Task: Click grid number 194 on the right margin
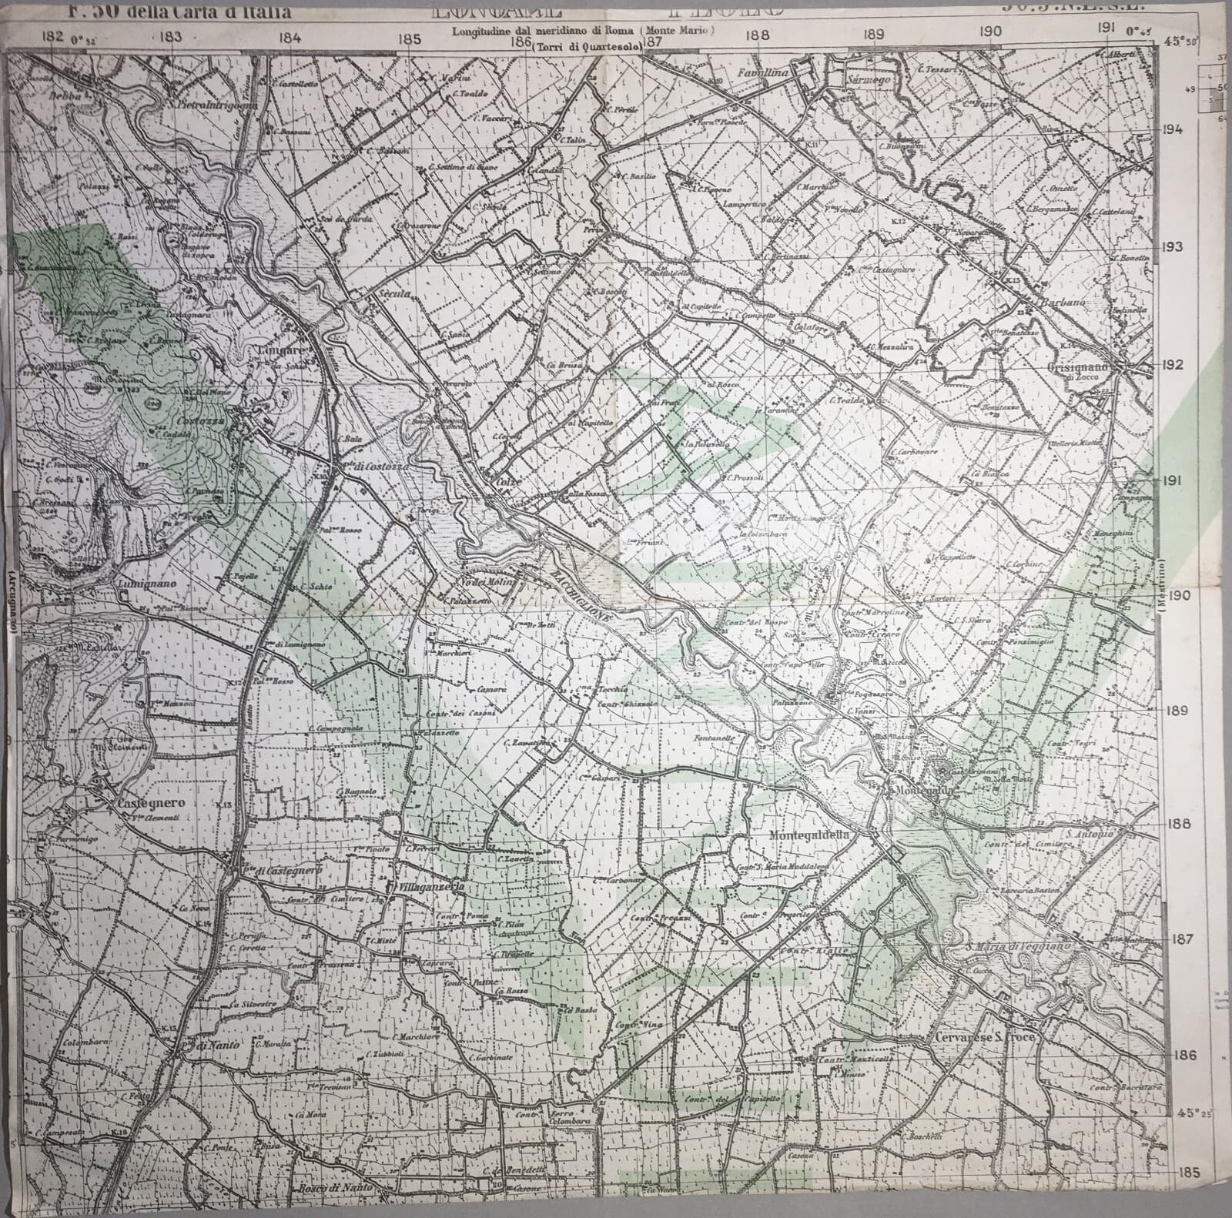pyautogui.click(x=1173, y=129)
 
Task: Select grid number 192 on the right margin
pyautogui.click(x=1173, y=364)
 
